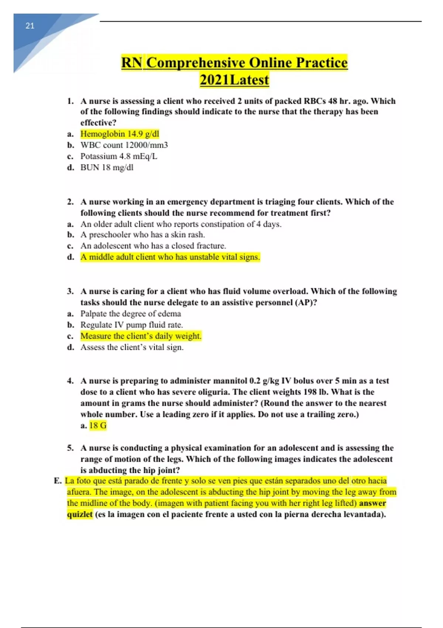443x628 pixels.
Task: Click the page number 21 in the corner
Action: click(x=30, y=26)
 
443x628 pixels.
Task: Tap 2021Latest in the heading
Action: click(x=234, y=80)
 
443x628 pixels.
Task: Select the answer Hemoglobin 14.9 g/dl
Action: click(x=120, y=134)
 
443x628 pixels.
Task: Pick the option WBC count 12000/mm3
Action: click(x=124, y=145)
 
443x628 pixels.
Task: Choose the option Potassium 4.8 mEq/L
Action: click(x=119, y=156)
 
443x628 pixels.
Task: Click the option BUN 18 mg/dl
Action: click(x=107, y=168)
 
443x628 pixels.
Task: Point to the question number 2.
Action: click(x=71, y=202)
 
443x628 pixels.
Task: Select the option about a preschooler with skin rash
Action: click(x=142, y=235)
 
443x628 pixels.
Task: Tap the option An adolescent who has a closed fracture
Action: click(x=153, y=246)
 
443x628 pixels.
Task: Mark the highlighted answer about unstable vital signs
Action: click(x=170, y=257)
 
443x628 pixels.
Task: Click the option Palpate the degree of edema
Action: click(x=131, y=314)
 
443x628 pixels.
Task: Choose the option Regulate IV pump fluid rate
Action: click(x=131, y=325)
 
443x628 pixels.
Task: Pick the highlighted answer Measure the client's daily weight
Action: click(x=141, y=336)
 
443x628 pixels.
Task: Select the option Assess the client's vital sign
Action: click(x=132, y=348)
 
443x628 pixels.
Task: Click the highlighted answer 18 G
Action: click(x=98, y=426)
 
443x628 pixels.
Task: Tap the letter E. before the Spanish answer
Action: click(x=58, y=481)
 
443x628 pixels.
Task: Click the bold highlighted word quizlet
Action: click(x=80, y=515)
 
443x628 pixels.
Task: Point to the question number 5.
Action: click(x=71, y=448)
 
